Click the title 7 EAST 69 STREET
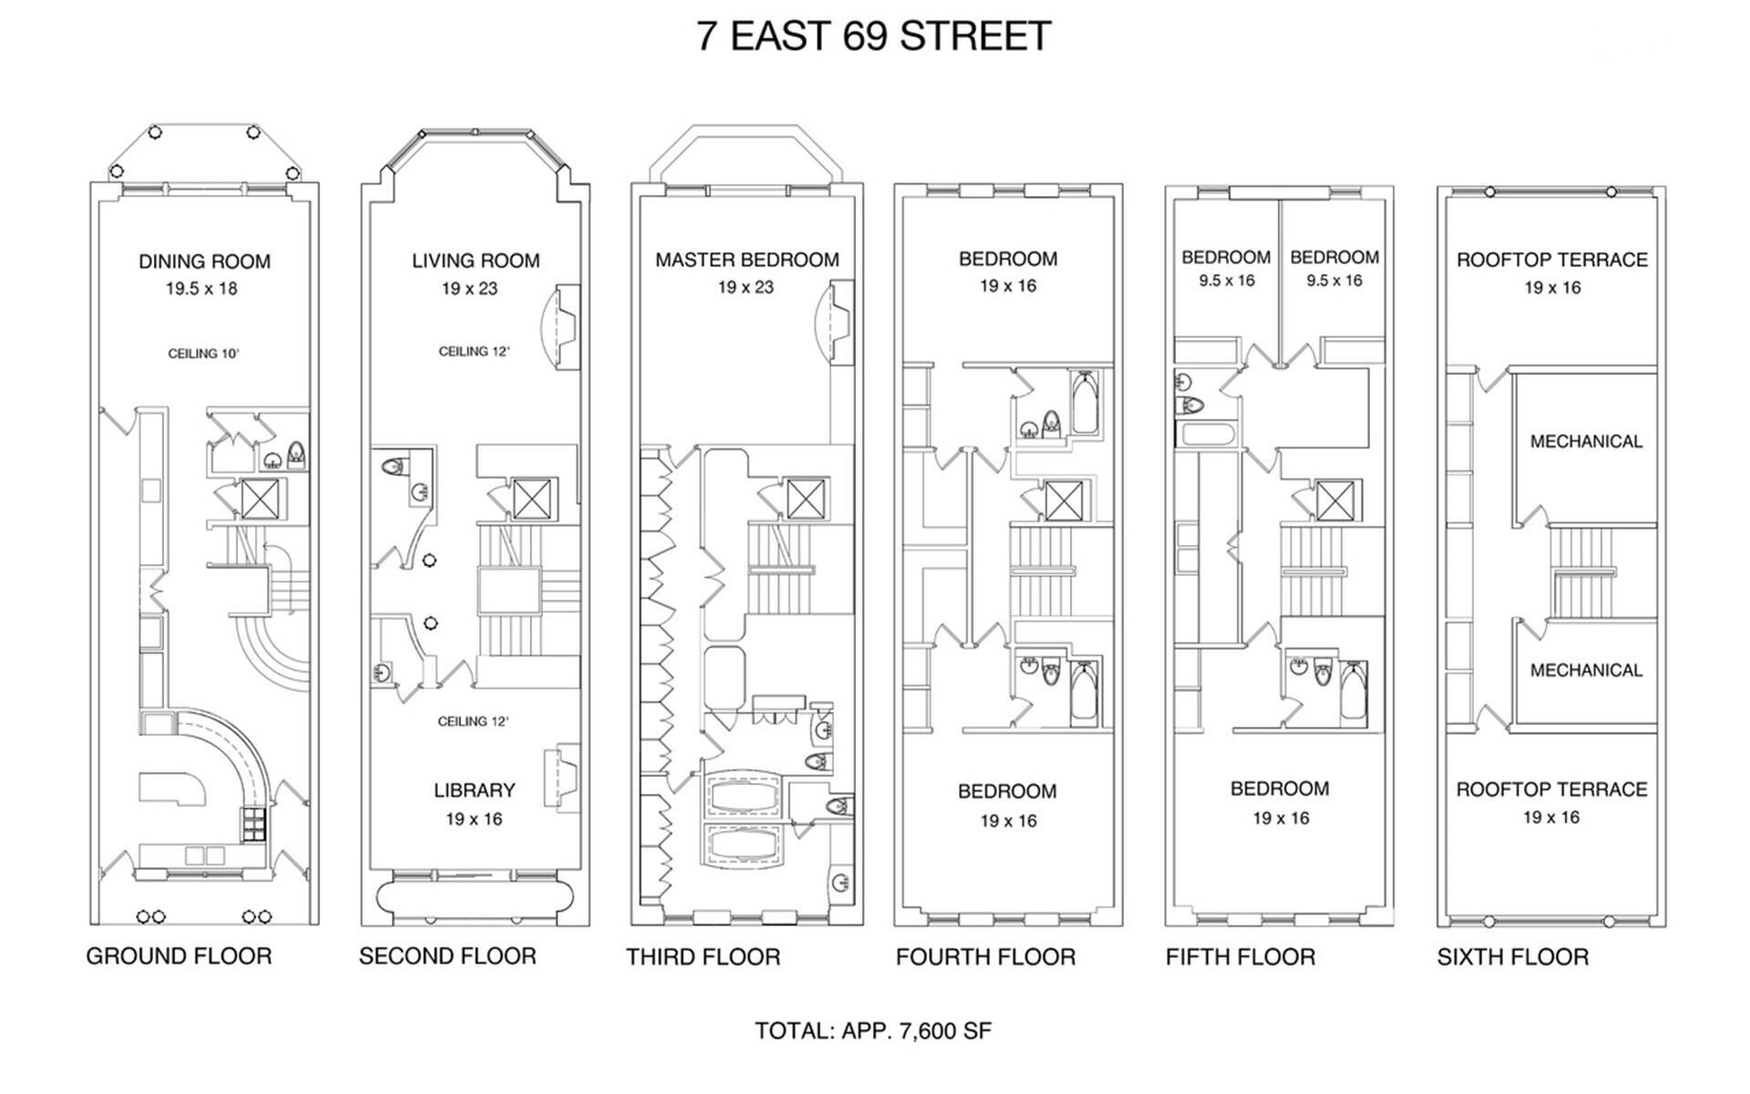coord(874,36)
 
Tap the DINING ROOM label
coord(204,262)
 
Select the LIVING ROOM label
coord(476,261)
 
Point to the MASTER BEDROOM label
coord(747,260)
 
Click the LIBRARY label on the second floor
coord(475,790)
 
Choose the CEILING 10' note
coord(203,354)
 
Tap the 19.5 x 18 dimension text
coord(201,289)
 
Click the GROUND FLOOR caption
coord(179,956)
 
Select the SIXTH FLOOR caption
coord(1513,957)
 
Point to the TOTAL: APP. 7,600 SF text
coord(873,1031)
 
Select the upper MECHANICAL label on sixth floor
coord(1586,442)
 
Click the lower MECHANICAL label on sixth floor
coord(1586,671)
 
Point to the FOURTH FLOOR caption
coord(985,957)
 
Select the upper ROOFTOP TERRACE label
coord(1552,260)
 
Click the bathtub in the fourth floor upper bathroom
coord(1086,402)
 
